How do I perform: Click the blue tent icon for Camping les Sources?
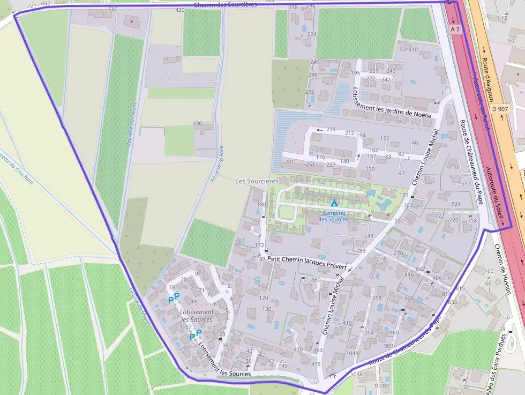pyautogui.click(x=334, y=203)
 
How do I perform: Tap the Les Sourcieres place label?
pyautogui.click(x=257, y=182)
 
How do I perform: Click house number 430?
pyautogui.click(x=197, y=123)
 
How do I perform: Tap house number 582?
pyautogui.click(x=113, y=10)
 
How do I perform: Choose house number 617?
pyautogui.click(x=465, y=183)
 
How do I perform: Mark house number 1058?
pyautogui.click(x=376, y=298)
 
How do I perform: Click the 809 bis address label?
pyautogui.click(x=441, y=279)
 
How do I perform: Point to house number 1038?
pyautogui.click(x=356, y=375)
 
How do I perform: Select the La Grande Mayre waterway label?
pyautogui.click(x=139, y=308)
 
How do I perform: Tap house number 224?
pyautogui.click(x=311, y=34)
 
